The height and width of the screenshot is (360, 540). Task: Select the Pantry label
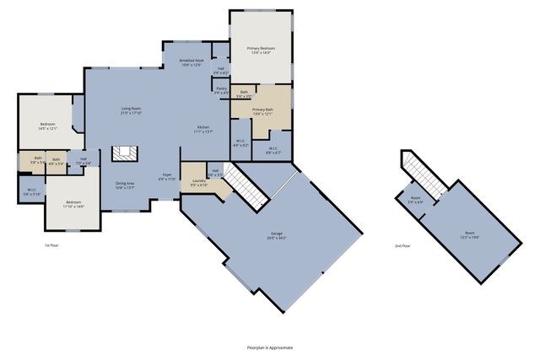220,90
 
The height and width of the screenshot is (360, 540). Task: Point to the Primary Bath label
262,110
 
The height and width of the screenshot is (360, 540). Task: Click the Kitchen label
203,129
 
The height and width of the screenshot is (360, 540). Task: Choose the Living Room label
130,110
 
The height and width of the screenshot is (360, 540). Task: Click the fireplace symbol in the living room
125,153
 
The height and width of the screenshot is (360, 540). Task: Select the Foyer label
167,177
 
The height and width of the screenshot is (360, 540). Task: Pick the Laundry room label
199,183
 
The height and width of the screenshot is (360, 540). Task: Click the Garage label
277,237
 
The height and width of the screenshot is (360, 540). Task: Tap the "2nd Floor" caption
402,246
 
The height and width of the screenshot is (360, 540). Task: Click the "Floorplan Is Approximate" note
269,347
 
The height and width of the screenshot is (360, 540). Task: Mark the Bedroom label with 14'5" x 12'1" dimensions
46,126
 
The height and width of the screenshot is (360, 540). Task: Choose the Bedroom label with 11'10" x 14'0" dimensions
74,204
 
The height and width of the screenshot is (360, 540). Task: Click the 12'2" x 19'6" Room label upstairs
470,235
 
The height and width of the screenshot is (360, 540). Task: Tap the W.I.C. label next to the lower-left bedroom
31,192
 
